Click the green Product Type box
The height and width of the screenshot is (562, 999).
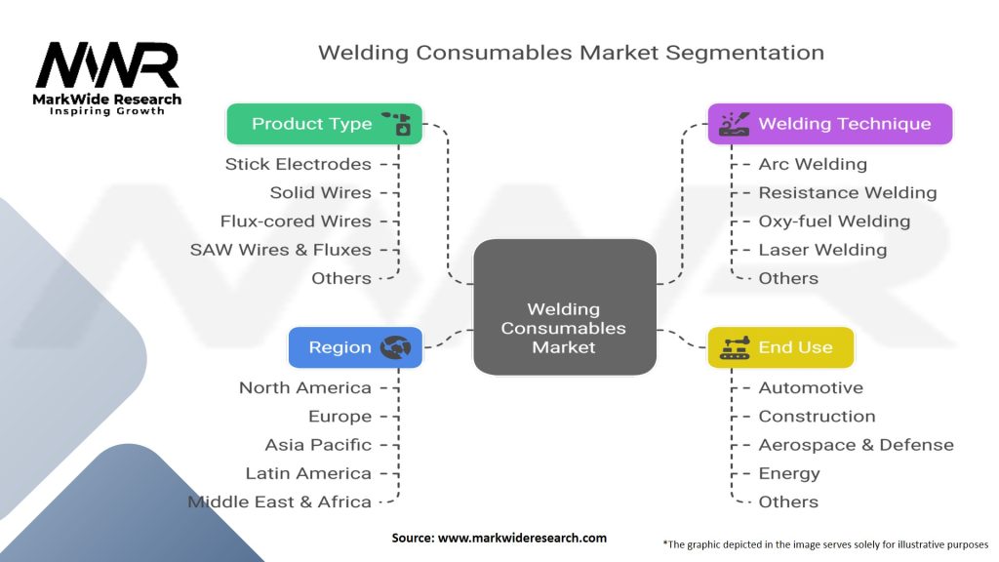pos(324,124)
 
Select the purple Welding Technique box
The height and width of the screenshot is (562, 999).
pos(830,124)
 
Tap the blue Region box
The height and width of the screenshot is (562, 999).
pos(355,347)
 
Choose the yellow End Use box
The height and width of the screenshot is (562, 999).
pos(780,347)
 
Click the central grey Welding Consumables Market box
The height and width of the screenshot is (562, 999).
pos(565,307)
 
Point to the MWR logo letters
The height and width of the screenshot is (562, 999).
pos(107,65)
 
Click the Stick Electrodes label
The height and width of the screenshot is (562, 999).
pos(299,164)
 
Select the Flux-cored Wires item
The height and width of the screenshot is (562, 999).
pos(296,221)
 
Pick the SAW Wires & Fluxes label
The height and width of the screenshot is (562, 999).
pos(280,250)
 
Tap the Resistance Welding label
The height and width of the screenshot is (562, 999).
pos(848,192)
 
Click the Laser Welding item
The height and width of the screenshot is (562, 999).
pos(822,250)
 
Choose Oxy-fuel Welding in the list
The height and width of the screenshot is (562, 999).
pos(834,221)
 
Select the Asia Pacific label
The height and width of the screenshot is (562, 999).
pos(318,445)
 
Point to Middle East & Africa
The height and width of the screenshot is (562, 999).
pos(279,502)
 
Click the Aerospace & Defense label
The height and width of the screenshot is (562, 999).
pos(856,445)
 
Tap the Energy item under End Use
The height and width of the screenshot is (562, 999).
pos(788,473)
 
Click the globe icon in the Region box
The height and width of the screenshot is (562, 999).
pos(396,347)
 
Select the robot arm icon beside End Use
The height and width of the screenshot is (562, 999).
pos(735,347)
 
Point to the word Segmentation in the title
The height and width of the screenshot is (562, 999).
pos(744,53)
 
